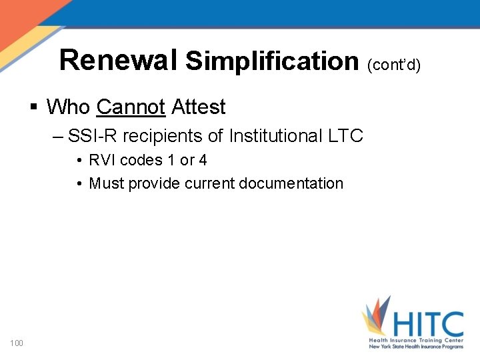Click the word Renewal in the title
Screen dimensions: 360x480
118,59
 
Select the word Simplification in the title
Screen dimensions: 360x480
272,61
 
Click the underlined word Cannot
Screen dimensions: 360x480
131,107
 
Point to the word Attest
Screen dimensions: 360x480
199,107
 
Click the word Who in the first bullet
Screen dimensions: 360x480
69,107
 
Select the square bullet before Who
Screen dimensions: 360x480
33,107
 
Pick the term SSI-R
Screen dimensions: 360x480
93,136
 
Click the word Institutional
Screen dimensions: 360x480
275,136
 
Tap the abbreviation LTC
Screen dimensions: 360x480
345,136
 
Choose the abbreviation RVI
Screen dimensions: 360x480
103,160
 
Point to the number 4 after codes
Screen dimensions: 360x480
203,160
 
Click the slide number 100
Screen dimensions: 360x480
17,343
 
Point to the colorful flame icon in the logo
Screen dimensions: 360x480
377,317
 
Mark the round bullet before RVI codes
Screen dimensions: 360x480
79,161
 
